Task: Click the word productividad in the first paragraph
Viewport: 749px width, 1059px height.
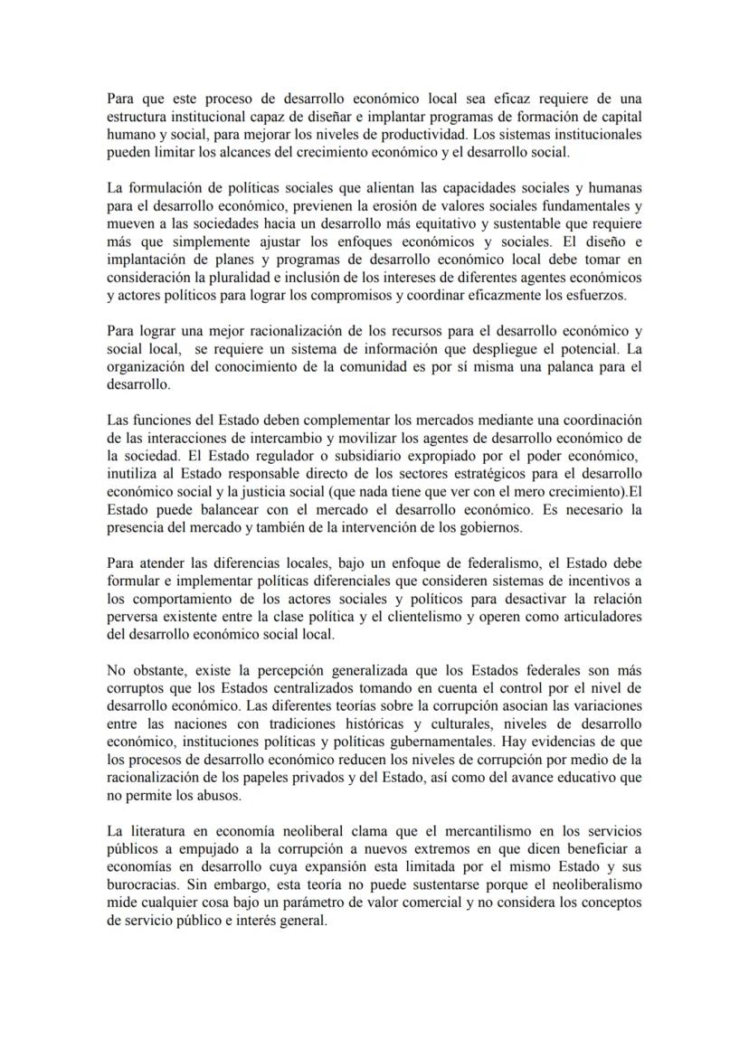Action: coord(439,133)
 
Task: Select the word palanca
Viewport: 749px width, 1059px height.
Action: coord(565,366)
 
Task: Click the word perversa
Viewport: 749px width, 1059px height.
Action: coord(132,616)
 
